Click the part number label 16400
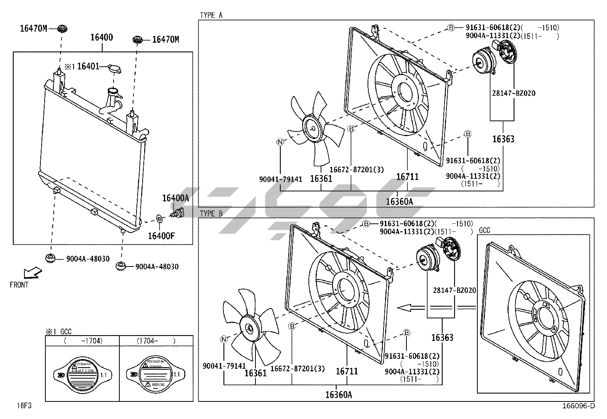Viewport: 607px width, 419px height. point(101,37)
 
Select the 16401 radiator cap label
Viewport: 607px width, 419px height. point(88,67)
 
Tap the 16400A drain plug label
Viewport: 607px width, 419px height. point(175,198)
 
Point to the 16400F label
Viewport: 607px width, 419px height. point(161,236)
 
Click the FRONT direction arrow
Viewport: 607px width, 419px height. point(32,273)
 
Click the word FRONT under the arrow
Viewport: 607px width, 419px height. point(19,285)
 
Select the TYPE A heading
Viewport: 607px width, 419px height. point(211,15)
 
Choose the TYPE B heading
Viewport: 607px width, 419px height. point(211,214)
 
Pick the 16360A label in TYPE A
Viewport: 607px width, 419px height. point(399,202)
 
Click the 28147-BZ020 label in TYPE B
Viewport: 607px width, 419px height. point(454,291)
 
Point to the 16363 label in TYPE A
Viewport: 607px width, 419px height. point(503,139)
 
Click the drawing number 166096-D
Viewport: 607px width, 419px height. point(578,406)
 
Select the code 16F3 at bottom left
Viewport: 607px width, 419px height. point(23,406)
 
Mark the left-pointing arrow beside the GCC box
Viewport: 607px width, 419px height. point(409,307)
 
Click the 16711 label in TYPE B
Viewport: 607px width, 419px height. point(347,371)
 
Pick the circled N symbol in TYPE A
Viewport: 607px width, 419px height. point(280,142)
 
